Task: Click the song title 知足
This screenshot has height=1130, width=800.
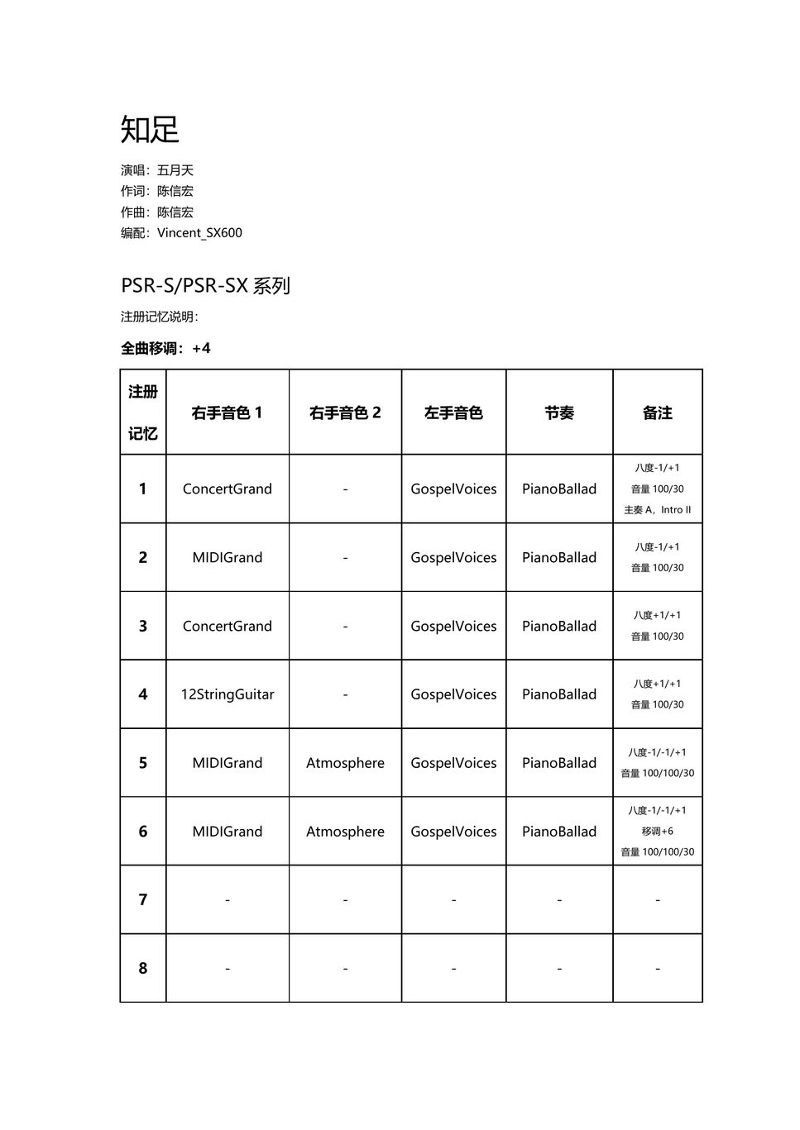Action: (150, 130)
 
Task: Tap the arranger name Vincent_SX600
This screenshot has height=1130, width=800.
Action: (199, 233)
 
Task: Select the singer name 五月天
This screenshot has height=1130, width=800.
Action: (175, 170)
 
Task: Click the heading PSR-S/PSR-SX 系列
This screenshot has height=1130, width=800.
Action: (205, 286)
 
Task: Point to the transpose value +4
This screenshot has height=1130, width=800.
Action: (201, 349)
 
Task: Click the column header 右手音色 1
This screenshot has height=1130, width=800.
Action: (227, 412)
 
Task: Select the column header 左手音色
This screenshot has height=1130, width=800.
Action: (453, 412)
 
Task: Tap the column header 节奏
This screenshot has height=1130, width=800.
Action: (559, 412)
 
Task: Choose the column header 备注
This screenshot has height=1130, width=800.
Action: (658, 412)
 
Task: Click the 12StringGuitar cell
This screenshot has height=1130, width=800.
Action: (228, 694)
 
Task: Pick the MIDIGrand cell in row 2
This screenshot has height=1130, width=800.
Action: (228, 558)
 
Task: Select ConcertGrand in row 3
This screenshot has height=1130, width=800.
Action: (228, 627)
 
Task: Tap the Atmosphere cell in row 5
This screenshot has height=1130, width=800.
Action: (345, 763)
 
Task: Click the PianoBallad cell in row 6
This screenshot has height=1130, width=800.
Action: (559, 832)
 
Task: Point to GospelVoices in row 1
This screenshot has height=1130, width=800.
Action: (453, 489)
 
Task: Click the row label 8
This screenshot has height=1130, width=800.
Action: (143, 968)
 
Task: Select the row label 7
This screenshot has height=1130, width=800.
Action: (143, 899)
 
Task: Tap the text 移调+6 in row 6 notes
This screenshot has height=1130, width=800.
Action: (658, 832)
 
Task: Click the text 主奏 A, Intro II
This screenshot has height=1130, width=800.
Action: (658, 510)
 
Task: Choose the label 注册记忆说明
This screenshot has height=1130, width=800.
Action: (160, 317)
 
